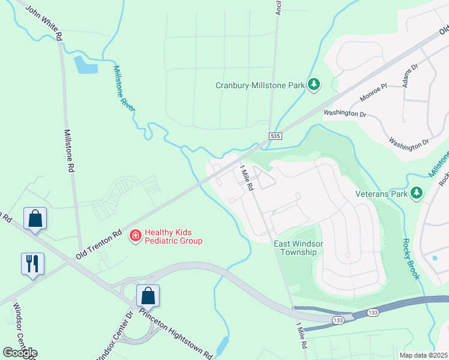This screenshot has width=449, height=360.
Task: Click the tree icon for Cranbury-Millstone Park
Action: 313,85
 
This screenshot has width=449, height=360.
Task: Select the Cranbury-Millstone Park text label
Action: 261,86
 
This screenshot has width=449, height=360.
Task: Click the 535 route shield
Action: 276,137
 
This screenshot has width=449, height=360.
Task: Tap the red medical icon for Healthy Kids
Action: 136,236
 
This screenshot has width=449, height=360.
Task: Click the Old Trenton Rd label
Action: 98,245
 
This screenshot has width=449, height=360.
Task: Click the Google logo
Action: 20,353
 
